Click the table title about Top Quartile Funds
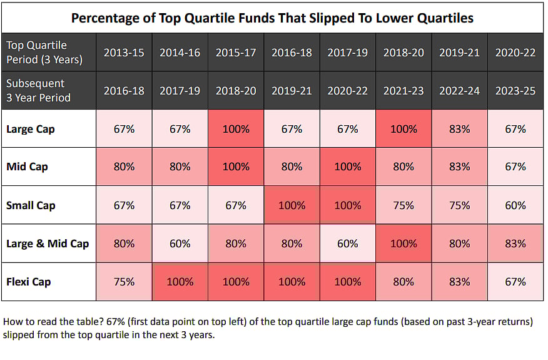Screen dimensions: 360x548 point(272,17)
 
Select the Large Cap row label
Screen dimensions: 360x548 point(30,129)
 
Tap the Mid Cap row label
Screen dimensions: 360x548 point(27,167)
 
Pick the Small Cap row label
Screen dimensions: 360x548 point(31,205)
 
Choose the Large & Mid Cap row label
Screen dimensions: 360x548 point(48,244)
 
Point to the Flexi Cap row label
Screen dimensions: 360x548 point(29,282)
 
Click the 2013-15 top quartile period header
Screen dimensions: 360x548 point(124,53)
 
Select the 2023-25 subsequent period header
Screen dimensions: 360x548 point(515,91)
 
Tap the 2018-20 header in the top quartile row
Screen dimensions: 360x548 point(403,53)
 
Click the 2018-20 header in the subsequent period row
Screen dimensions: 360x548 point(236,91)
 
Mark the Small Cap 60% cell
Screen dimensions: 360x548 point(515,205)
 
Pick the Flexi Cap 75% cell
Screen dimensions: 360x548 point(124,282)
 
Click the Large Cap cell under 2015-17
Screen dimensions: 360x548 point(236,129)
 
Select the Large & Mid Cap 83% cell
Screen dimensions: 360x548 point(515,244)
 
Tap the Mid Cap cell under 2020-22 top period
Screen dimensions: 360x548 point(515,167)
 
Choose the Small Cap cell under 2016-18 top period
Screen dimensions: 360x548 point(292,205)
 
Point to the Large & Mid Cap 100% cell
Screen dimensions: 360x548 point(403,244)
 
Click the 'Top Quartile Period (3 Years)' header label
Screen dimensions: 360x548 point(44,53)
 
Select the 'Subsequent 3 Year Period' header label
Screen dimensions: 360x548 point(38,91)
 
